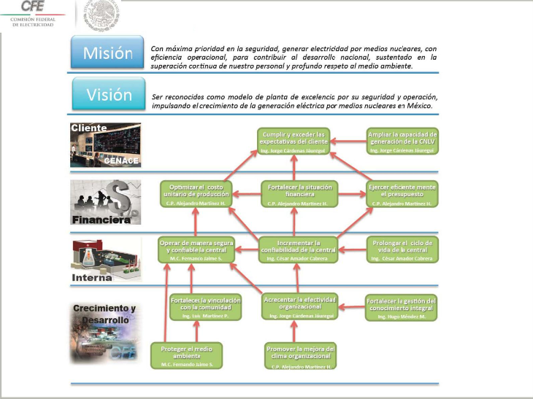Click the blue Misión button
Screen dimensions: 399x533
point(107,53)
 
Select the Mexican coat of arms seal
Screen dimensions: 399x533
point(102,15)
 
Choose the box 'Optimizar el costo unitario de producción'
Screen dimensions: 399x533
point(196,195)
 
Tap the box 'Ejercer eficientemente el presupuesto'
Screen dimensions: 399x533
point(402,195)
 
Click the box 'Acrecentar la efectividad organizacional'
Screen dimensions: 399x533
point(300,306)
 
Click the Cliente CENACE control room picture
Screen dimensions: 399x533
point(105,144)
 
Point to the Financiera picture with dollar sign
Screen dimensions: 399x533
point(105,202)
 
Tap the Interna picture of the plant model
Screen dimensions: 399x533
point(105,259)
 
